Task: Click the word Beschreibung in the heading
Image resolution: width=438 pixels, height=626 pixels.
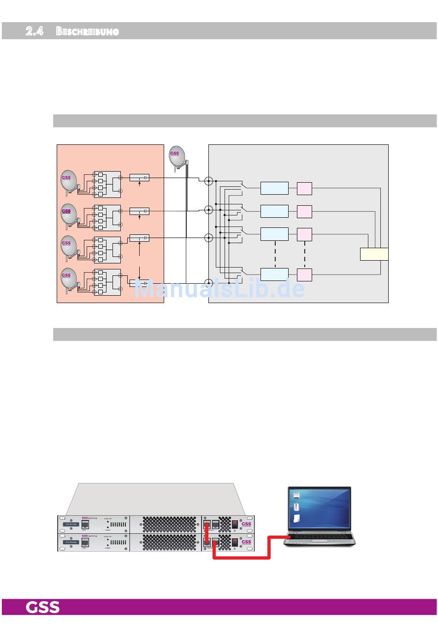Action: tap(88, 31)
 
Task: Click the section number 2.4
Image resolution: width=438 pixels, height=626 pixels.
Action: tap(35, 31)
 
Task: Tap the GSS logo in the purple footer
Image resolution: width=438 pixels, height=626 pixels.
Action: tap(42, 607)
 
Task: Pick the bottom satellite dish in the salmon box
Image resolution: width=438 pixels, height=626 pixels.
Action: tap(69, 278)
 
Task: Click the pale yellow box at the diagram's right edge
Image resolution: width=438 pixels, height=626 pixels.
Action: tap(374, 254)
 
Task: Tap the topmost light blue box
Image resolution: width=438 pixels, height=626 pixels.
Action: tap(274, 188)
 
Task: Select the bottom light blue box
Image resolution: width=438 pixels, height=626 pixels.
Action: tap(274, 274)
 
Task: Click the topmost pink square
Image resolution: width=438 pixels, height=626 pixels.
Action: tap(304, 189)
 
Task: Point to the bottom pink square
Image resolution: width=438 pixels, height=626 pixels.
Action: tap(304, 275)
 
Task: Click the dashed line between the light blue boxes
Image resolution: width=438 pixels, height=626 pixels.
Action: tap(275, 254)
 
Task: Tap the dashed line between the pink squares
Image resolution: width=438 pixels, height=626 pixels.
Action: tap(305, 254)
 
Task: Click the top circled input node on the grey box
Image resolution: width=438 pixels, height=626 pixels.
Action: tap(208, 181)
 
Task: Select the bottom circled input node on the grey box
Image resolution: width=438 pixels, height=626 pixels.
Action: tap(208, 283)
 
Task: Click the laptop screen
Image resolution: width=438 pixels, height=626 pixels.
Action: tap(319, 508)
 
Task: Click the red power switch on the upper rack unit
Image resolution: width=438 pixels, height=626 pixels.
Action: tap(235, 524)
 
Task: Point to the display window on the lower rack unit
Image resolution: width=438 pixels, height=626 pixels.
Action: tap(71, 542)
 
